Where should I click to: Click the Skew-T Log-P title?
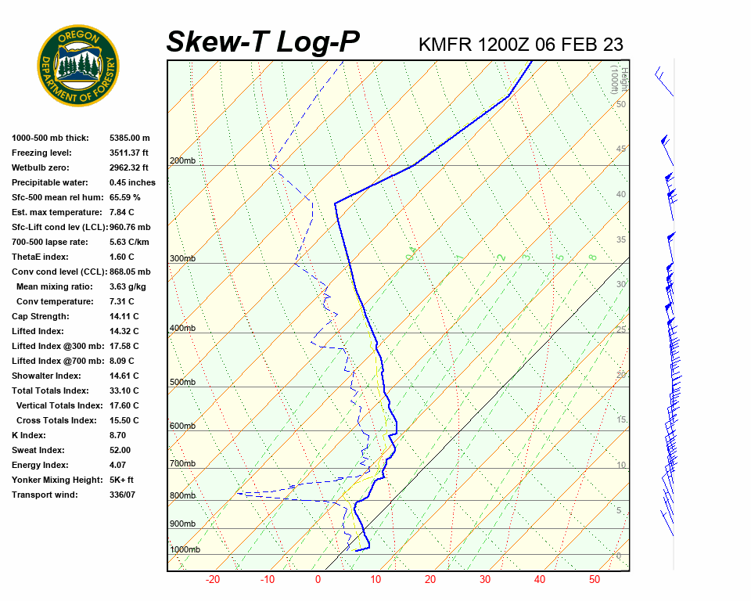(x=263, y=42)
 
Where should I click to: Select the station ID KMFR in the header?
(x=446, y=45)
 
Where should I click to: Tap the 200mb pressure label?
(x=182, y=161)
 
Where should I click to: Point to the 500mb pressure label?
(x=182, y=383)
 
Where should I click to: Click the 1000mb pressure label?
(x=185, y=550)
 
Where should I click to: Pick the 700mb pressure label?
(x=182, y=464)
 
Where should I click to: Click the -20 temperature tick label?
(x=212, y=580)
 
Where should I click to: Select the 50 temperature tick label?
(x=595, y=580)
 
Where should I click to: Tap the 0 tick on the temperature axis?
(x=318, y=580)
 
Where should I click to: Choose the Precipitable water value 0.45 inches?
(x=132, y=183)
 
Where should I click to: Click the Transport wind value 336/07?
(x=124, y=495)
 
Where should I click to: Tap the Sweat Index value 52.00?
(x=120, y=451)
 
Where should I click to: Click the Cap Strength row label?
(x=41, y=317)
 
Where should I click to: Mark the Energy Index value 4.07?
(x=118, y=466)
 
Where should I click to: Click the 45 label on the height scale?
(x=621, y=149)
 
